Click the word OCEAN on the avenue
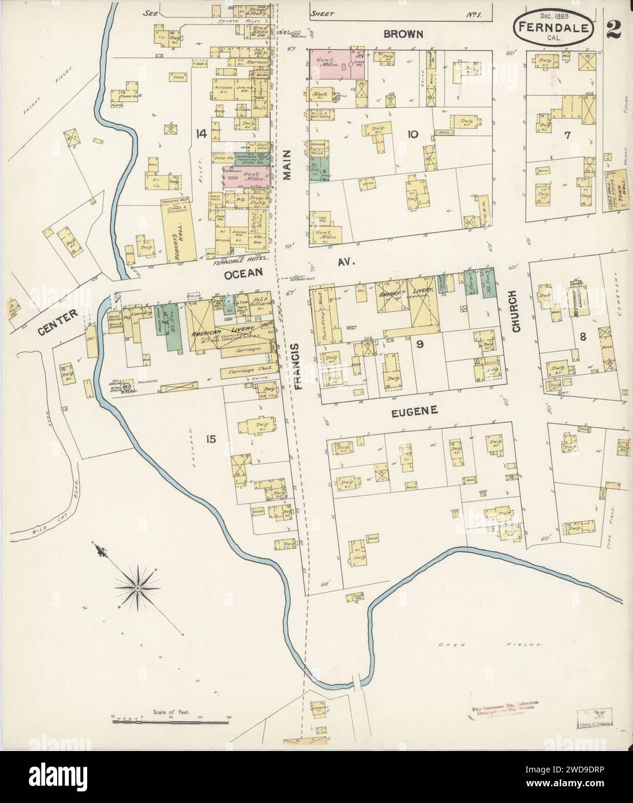click(244, 272)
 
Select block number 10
click(412, 135)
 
